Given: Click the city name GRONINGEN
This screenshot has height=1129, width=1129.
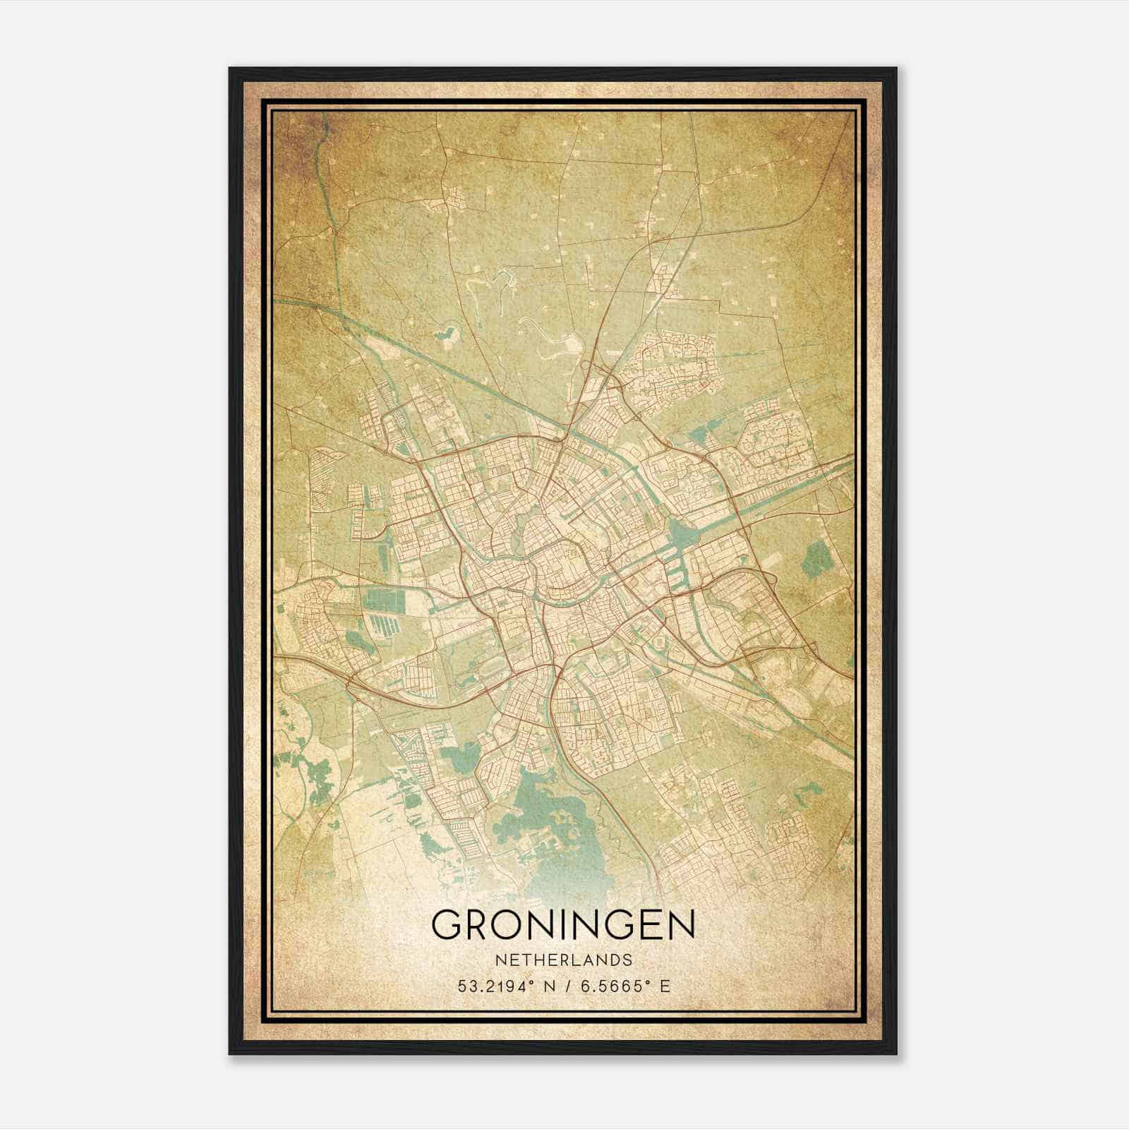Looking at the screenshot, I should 563,924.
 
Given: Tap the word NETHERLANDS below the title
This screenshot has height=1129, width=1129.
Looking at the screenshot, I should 563,960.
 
